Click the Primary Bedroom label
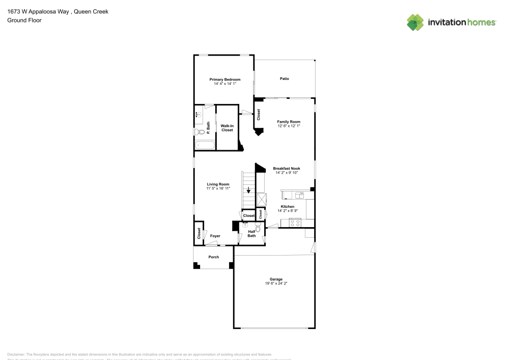(x=224, y=79)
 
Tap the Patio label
(x=284, y=78)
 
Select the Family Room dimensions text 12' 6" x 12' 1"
(x=289, y=126)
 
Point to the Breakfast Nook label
(x=286, y=168)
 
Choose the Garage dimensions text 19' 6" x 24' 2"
(x=276, y=283)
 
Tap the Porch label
(x=214, y=257)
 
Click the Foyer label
(x=215, y=236)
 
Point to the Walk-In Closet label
(x=227, y=128)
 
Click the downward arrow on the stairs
(x=248, y=191)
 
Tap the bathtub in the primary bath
(x=205, y=146)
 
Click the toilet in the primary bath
(x=200, y=132)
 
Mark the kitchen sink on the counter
(x=299, y=194)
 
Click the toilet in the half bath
(x=259, y=229)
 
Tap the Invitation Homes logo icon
(x=415, y=22)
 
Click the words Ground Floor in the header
(x=24, y=20)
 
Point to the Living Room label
(x=217, y=184)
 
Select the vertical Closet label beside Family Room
(x=259, y=115)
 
